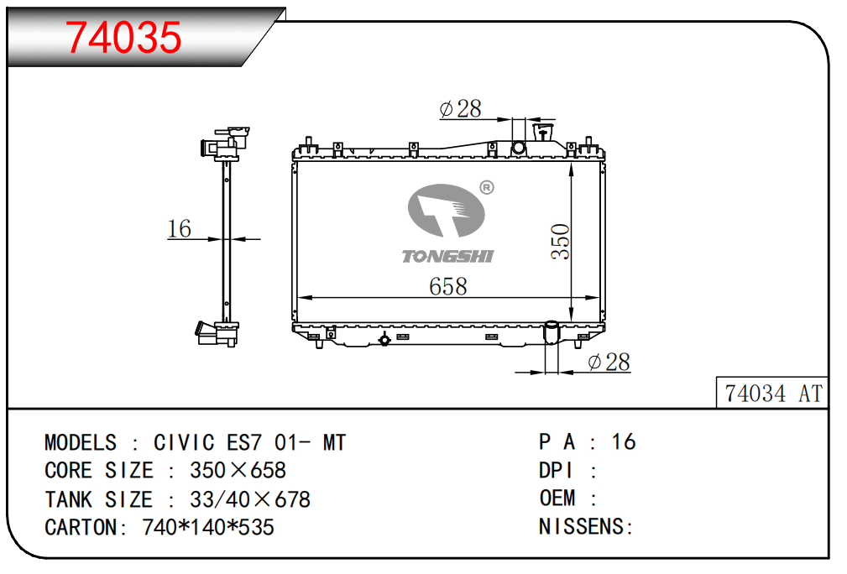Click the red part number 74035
(x=123, y=37)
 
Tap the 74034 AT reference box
(x=772, y=393)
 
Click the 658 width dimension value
(x=447, y=286)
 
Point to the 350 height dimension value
(x=561, y=242)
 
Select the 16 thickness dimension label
(x=180, y=228)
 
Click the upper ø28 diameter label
(x=460, y=108)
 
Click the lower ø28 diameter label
(x=609, y=362)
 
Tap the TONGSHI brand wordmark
(x=447, y=256)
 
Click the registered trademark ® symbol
(x=487, y=187)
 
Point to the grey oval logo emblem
(x=446, y=210)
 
